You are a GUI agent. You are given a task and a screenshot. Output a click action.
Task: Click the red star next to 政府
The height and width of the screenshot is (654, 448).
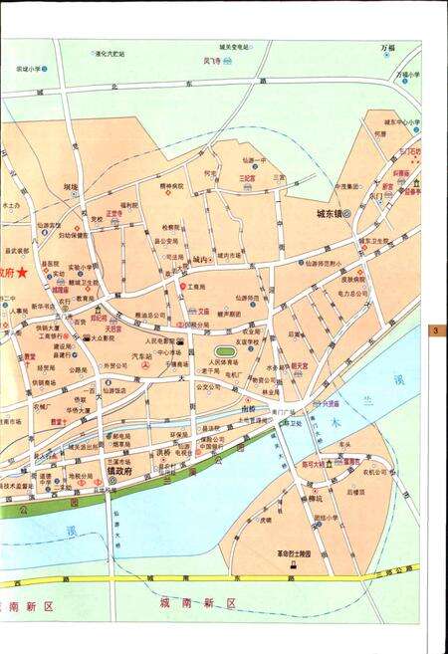click(x=22, y=273)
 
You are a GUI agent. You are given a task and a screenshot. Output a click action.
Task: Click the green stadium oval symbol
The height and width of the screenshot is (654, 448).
click(x=223, y=350)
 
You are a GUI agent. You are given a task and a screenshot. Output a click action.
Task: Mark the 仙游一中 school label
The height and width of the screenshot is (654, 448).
click(x=255, y=160)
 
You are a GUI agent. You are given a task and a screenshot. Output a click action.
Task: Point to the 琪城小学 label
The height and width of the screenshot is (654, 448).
click(x=27, y=69)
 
